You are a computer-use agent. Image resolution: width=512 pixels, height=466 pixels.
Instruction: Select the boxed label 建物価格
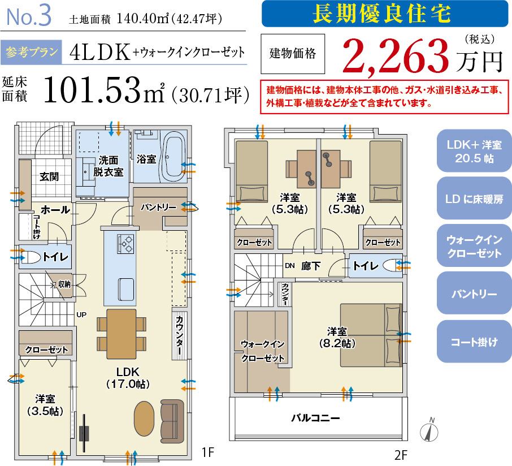tap(292, 54)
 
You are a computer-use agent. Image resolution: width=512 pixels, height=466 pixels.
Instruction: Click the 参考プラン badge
tap(32, 53)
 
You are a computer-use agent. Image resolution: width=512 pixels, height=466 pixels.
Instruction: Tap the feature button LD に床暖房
tap(474, 200)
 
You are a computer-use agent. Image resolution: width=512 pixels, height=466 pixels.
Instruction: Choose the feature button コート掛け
tap(474, 342)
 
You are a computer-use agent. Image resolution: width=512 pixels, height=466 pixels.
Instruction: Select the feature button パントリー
tap(474, 294)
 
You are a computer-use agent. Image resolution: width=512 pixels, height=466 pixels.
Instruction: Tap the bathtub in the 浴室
tap(173, 156)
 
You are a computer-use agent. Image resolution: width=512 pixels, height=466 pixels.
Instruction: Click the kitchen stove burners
tap(125, 244)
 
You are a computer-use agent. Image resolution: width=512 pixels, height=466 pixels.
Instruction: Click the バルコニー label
tap(315, 418)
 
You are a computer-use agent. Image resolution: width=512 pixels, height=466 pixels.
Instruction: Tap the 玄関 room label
tap(49, 176)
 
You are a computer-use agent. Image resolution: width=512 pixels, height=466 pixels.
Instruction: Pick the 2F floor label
tap(401, 454)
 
